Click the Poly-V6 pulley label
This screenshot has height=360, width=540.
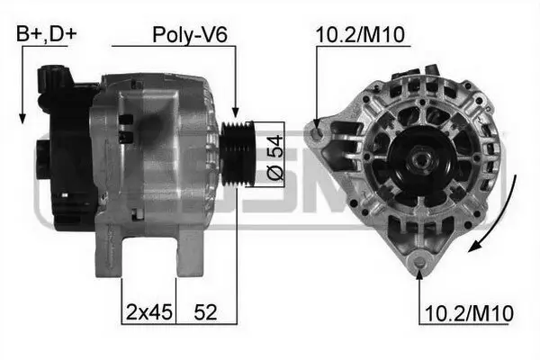189,35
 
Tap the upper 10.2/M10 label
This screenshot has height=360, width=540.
361,35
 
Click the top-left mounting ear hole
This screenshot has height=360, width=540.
317,135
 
